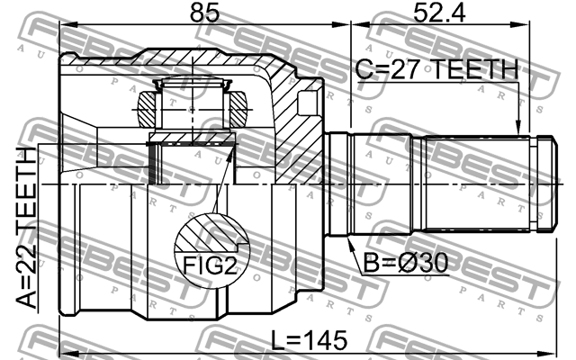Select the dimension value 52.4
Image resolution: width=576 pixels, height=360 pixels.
point(439,13)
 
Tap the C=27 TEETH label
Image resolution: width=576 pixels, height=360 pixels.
point(436,69)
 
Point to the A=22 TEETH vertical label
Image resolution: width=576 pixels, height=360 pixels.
point(26,228)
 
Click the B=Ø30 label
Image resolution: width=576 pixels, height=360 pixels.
point(406,263)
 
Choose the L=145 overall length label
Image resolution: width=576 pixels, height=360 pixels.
point(309,340)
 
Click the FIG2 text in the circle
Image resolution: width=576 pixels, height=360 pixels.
point(210,265)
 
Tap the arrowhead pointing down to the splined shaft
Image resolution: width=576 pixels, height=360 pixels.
point(518,128)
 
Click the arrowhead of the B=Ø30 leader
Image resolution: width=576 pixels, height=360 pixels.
point(350,243)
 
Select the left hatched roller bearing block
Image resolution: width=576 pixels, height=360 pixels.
point(147,110)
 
